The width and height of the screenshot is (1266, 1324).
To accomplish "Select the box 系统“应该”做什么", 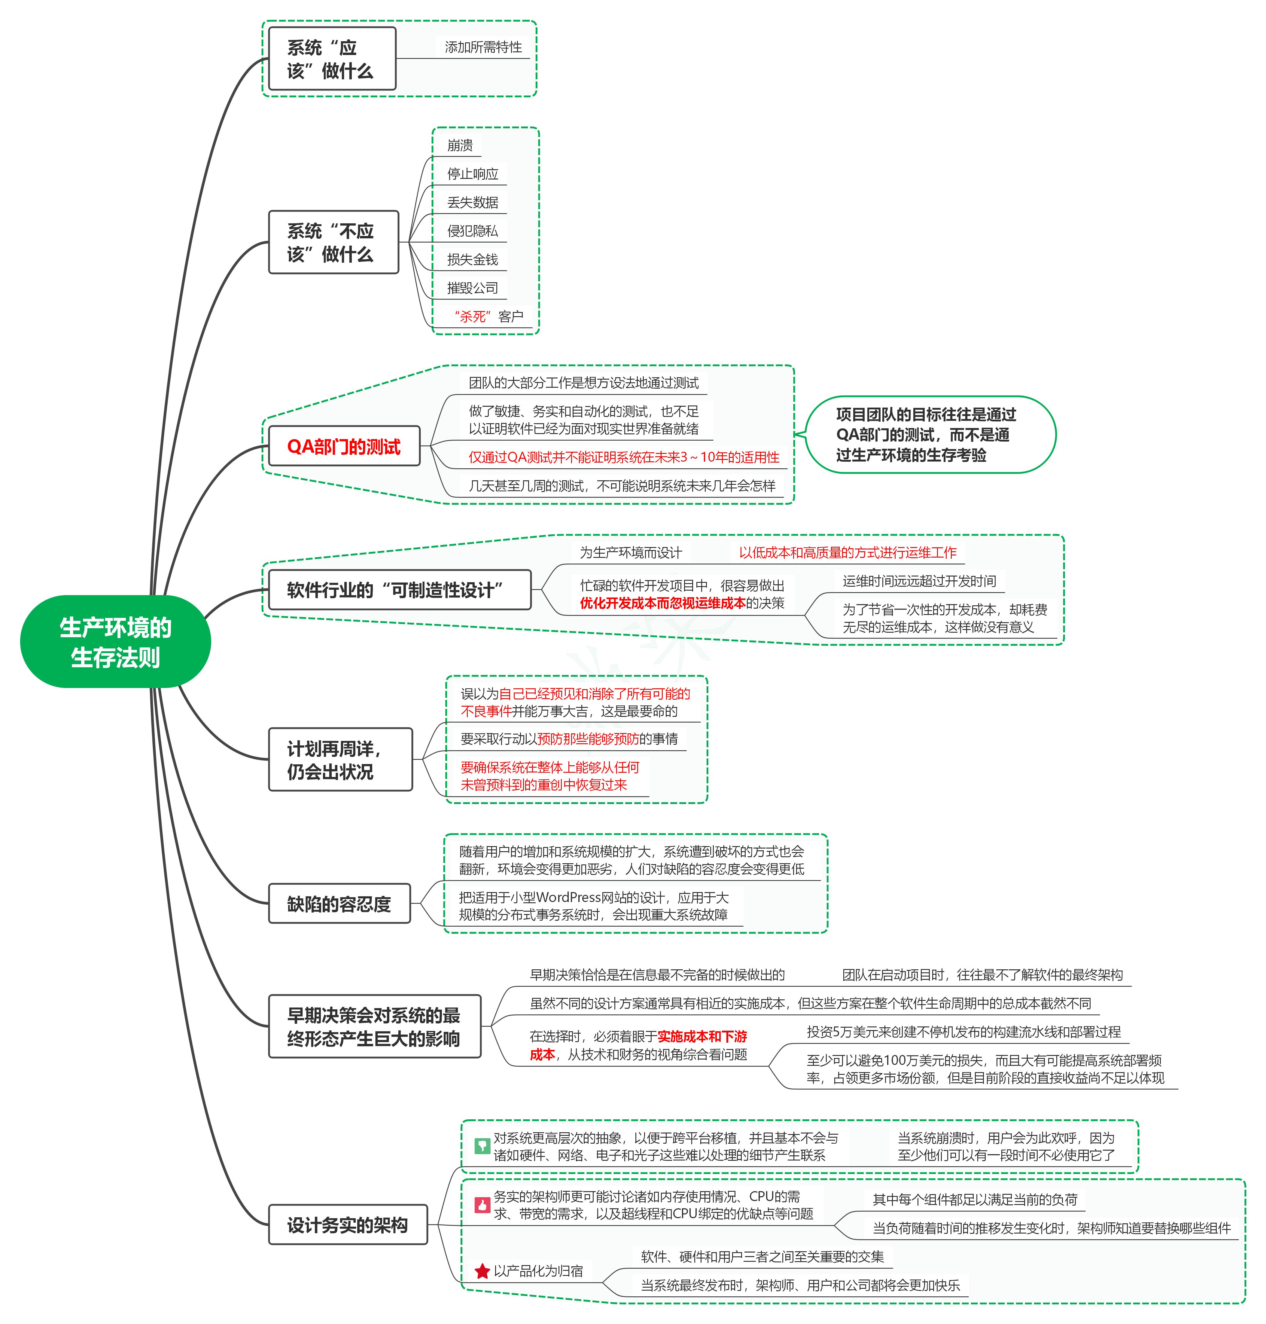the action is (332, 59).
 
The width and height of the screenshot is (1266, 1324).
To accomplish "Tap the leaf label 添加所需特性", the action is (483, 47).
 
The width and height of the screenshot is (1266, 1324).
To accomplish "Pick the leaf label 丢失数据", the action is (472, 203).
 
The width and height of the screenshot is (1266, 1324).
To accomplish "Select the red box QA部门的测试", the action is (344, 446).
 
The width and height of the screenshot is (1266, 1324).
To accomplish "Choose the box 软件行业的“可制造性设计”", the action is (400, 590).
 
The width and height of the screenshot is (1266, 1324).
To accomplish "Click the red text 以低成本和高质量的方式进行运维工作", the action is (848, 553).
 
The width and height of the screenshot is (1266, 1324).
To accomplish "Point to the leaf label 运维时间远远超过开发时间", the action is (919, 581).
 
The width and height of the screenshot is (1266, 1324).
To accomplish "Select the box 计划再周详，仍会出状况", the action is (340, 760).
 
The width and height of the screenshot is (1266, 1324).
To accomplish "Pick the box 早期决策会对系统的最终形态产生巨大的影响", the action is (375, 1026).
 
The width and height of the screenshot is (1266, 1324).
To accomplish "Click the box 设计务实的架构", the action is (348, 1225).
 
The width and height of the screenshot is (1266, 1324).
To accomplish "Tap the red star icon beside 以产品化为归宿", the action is (482, 1271).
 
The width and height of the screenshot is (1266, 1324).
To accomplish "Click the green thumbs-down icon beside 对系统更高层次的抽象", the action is (482, 1146).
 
